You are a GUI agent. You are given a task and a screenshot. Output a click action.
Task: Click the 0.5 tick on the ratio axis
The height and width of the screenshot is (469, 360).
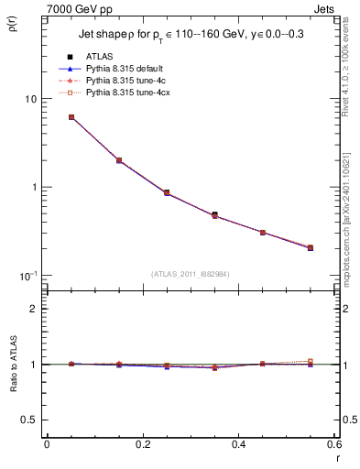(30, 420)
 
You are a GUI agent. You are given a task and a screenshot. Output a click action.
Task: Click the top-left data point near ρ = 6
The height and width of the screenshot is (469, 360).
(71, 117)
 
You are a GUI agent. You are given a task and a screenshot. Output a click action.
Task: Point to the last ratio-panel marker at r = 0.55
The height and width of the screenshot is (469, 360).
(311, 362)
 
